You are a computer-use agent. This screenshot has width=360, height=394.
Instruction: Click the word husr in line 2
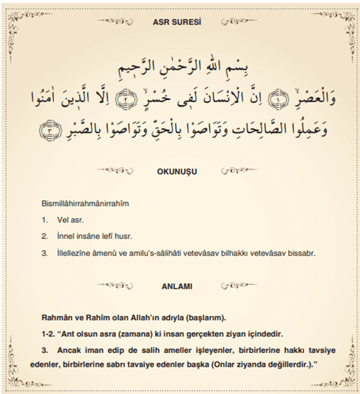[141, 237]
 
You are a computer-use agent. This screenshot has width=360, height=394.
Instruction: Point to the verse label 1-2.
[49, 334]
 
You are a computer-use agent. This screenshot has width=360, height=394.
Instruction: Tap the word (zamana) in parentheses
[134, 334]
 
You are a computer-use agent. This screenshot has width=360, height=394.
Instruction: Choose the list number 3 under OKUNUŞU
[45, 254]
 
